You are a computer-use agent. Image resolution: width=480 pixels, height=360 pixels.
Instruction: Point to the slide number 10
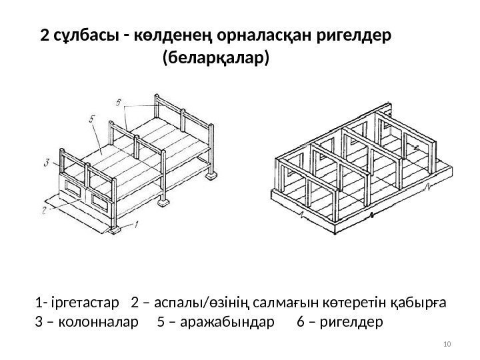pos(447,343)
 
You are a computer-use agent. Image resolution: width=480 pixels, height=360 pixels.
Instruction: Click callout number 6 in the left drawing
pos(117,102)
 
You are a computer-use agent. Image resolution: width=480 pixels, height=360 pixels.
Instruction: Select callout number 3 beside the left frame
pos(46,161)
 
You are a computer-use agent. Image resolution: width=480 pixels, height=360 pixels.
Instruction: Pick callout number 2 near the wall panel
pos(45,209)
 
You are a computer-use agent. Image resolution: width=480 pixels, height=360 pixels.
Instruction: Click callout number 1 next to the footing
pos(138,225)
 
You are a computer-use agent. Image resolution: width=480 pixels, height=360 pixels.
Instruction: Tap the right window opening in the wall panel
pos(103,201)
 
